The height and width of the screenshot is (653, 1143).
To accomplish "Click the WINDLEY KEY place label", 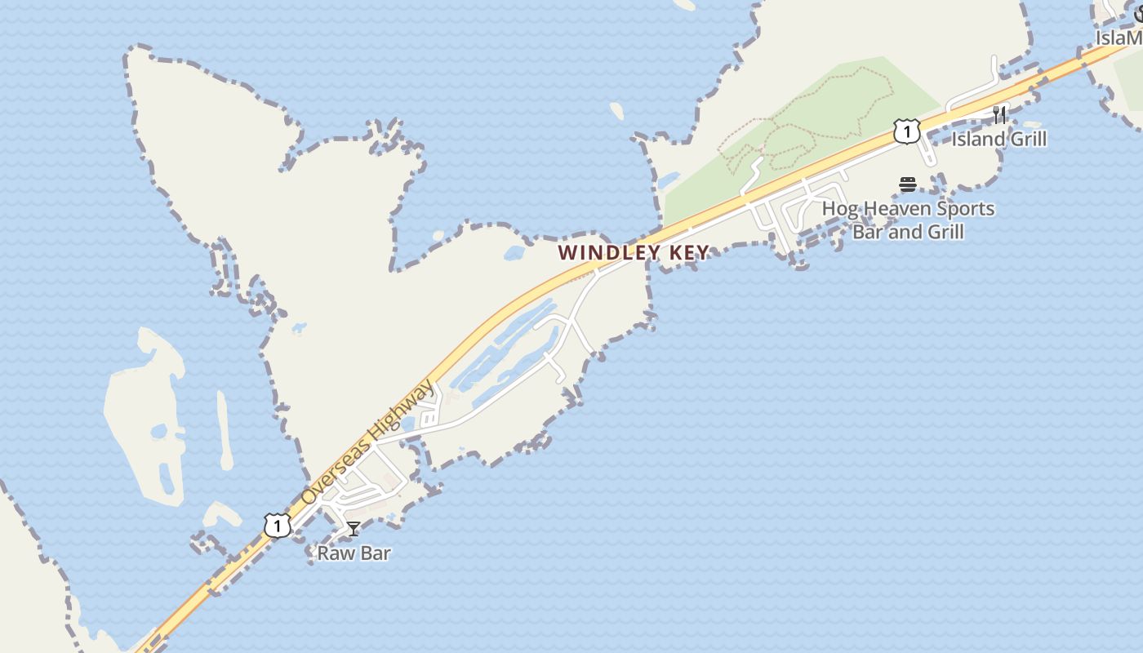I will [x=633, y=253].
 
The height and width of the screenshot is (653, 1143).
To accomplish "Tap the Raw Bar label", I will [x=354, y=553].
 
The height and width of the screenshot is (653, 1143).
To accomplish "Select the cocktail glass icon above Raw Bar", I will [x=353, y=529].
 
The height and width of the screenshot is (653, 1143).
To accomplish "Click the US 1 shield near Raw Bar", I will [x=277, y=525].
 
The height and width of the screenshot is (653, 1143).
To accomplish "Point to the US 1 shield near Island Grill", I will [x=906, y=131].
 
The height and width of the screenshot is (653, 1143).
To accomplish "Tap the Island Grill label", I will [x=998, y=139].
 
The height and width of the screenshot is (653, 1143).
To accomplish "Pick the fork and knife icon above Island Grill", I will [x=999, y=113].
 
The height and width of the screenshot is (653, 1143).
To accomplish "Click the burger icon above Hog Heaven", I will [x=907, y=184].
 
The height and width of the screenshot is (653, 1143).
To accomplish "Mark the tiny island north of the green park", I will [x=617, y=109].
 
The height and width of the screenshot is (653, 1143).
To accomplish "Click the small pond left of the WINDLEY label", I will [x=514, y=253].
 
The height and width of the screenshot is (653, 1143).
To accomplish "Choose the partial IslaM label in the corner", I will [x=1119, y=38].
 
